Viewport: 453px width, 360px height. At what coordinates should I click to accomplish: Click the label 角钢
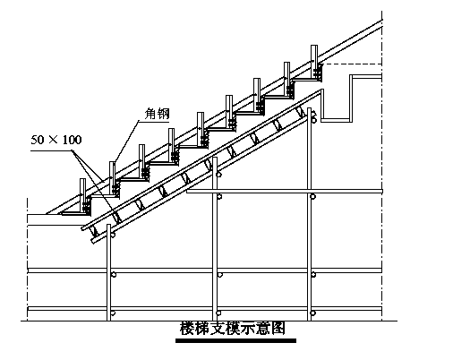click(157, 114)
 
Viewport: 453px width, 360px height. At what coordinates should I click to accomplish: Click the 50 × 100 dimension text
click(56, 140)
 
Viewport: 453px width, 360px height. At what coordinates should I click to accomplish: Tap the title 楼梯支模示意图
click(233, 329)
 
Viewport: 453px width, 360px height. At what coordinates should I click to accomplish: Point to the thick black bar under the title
click(235, 340)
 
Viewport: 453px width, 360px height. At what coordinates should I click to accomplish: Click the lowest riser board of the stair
click(82, 196)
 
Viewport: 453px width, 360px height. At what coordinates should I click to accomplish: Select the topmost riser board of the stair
click(314, 62)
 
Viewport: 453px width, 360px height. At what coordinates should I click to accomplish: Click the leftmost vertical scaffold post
click(108, 272)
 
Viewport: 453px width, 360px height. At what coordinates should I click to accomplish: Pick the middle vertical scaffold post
click(215, 239)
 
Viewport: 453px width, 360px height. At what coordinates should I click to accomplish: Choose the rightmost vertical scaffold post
click(309, 215)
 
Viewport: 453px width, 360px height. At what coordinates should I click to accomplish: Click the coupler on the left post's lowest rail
click(113, 313)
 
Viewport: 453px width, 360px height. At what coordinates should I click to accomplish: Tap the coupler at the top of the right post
click(313, 120)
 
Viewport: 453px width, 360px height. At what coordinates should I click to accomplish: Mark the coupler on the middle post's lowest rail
click(219, 313)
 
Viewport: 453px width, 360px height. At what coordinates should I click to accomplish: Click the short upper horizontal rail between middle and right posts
click(285, 191)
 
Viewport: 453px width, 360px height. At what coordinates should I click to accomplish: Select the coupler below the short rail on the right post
click(313, 196)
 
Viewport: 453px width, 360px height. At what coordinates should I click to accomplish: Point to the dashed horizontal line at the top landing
click(352, 64)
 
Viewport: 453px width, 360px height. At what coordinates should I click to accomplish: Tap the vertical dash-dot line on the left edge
click(28, 260)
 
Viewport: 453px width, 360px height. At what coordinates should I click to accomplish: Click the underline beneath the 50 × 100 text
click(52, 151)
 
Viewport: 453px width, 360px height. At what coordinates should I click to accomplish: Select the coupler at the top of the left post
click(113, 235)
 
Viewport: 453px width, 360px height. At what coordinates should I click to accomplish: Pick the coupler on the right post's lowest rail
click(313, 313)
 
